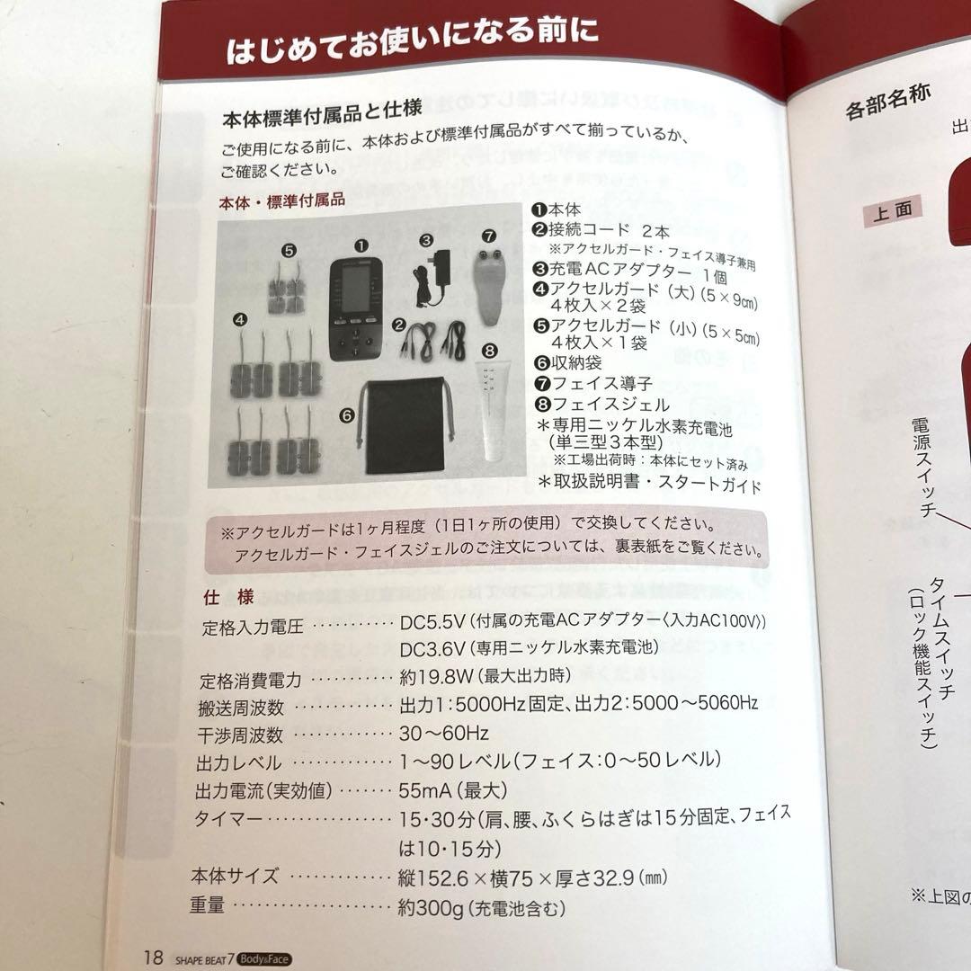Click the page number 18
(153, 956)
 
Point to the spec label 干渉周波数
(239, 735)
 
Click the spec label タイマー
(225, 820)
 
